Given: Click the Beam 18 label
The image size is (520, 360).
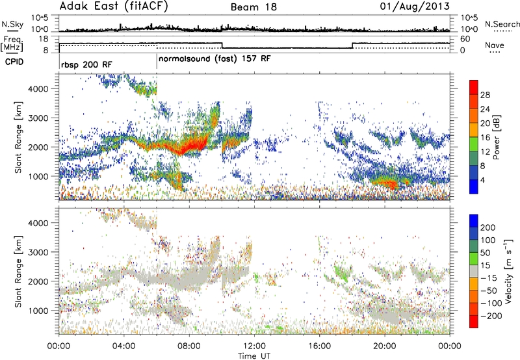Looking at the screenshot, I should tap(253, 7).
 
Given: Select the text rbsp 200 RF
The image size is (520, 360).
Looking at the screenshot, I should tap(88, 66).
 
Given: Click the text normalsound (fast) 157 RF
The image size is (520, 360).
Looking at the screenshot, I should tap(214, 58).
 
